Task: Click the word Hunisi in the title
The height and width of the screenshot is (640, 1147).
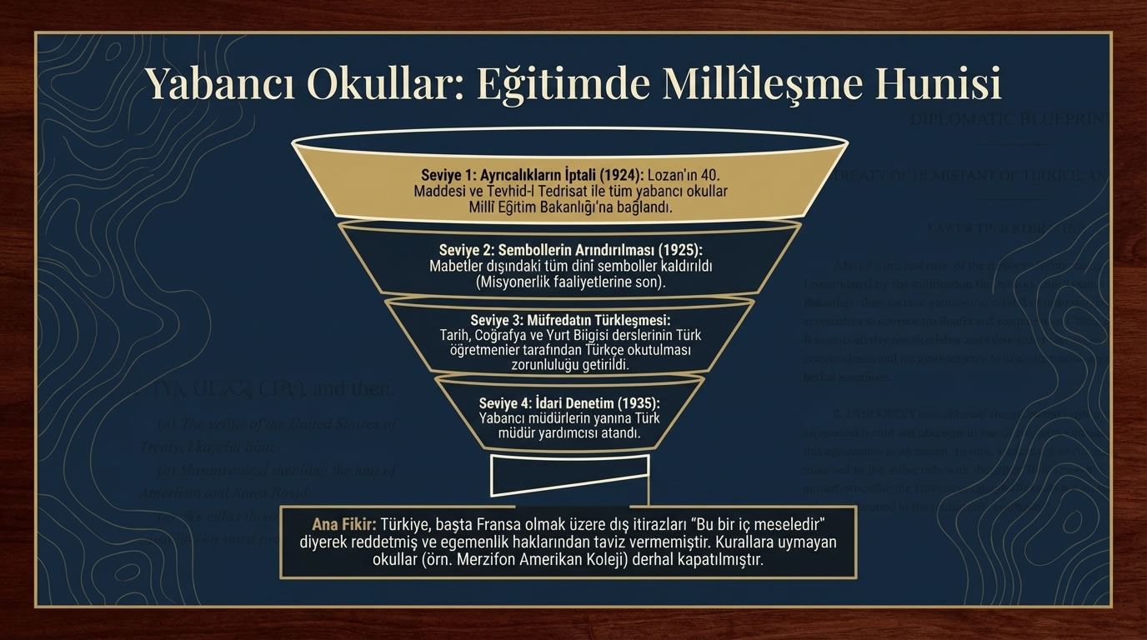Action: (x=936, y=83)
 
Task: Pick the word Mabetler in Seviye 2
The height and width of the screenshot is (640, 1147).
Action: (x=458, y=266)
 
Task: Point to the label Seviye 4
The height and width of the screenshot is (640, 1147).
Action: (x=507, y=402)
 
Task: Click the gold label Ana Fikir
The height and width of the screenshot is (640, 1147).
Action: (x=343, y=525)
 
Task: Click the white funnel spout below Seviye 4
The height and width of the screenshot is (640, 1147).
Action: (x=570, y=475)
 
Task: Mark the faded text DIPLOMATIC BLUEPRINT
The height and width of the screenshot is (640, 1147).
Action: (x=1009, y=118)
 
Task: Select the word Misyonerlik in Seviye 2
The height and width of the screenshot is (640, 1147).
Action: (x=518, y=282)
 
